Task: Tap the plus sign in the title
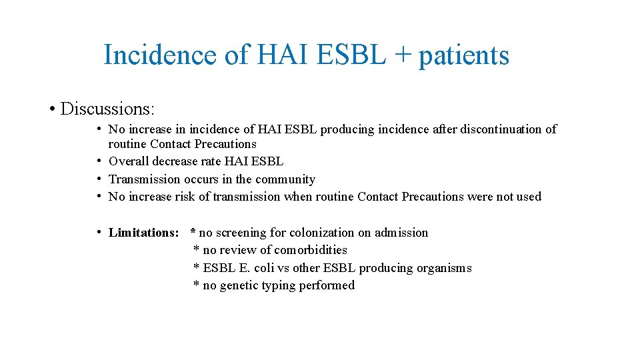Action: tap(401, 56)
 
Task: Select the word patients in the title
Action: tap(463, 56)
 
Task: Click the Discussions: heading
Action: tap(107, 109)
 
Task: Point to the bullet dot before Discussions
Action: tap(51, 109)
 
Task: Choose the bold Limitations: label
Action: tap(143, 233)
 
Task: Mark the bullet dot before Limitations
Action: tap(99, 232)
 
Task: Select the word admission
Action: tap(401, 233)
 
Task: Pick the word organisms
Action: tap(444, 268)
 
